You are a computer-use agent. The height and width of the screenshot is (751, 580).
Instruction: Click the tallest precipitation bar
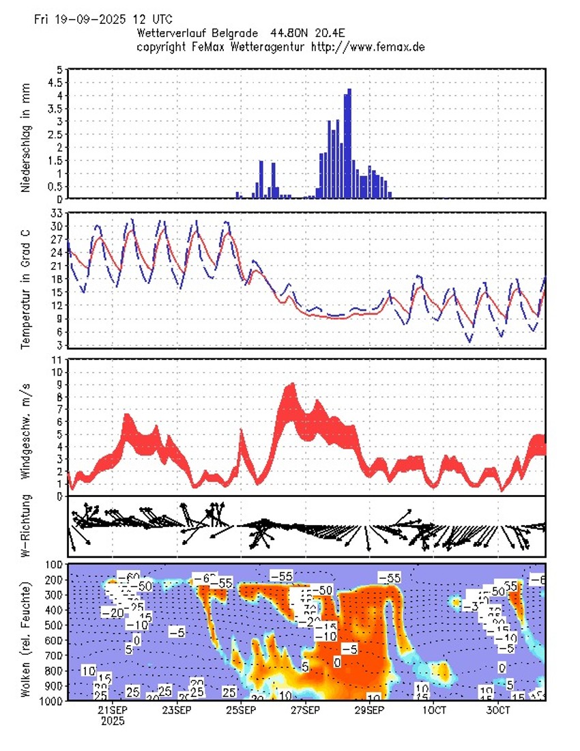pos(349,143)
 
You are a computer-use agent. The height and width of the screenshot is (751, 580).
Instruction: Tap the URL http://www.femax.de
pos(368,46)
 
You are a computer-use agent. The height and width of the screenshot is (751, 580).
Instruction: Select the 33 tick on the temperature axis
pos(57,214)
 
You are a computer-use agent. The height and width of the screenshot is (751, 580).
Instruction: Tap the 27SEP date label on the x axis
pos(305,709)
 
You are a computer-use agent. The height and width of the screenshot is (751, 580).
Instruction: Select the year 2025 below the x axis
pos(113,720)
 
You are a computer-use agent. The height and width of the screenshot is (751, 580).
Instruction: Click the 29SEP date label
pos(369,709)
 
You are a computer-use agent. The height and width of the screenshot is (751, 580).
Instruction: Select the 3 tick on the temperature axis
pos(59,345)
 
